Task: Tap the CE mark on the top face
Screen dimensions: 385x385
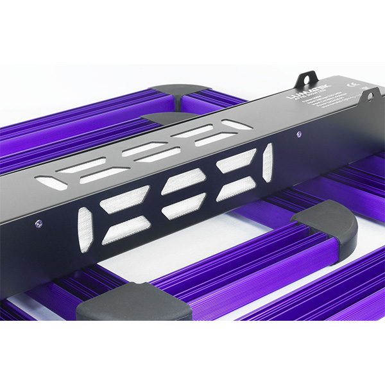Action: [352, 84]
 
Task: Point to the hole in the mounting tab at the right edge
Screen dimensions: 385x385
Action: [370, 95]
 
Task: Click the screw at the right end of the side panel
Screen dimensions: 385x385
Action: [298, 134]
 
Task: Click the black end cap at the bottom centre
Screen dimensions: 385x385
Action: [135, 307]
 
